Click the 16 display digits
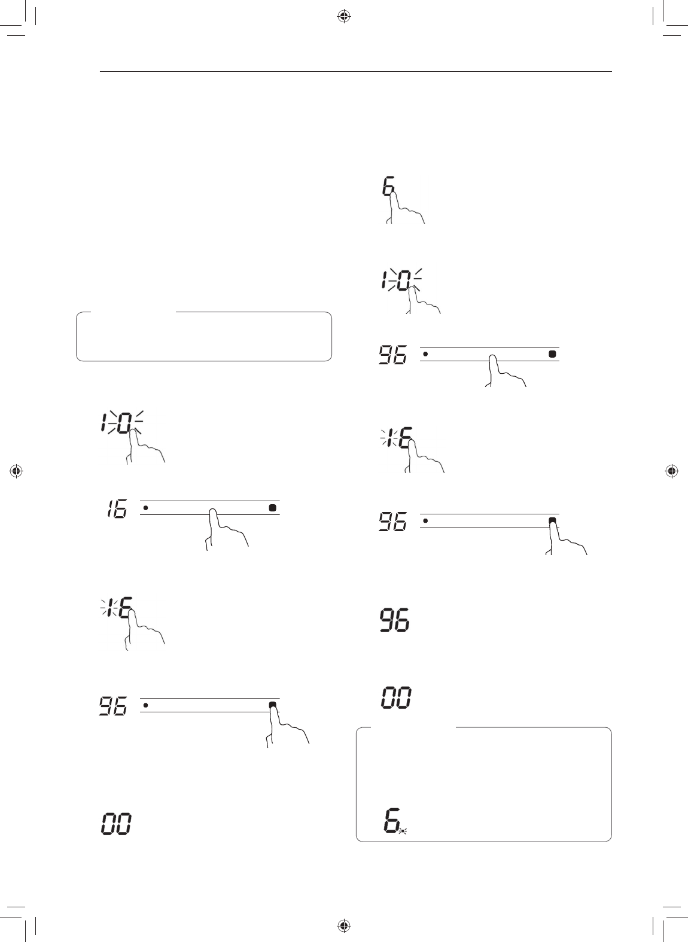117,510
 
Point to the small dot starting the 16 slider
145,508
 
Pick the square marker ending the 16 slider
272,508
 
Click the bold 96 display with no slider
395,621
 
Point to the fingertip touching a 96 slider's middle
492,359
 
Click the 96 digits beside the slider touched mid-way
393,355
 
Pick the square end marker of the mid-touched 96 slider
552,353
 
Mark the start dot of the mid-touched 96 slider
425,353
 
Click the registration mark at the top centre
343,17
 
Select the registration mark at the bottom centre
343,925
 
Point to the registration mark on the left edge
17,471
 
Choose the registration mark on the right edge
671,471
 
